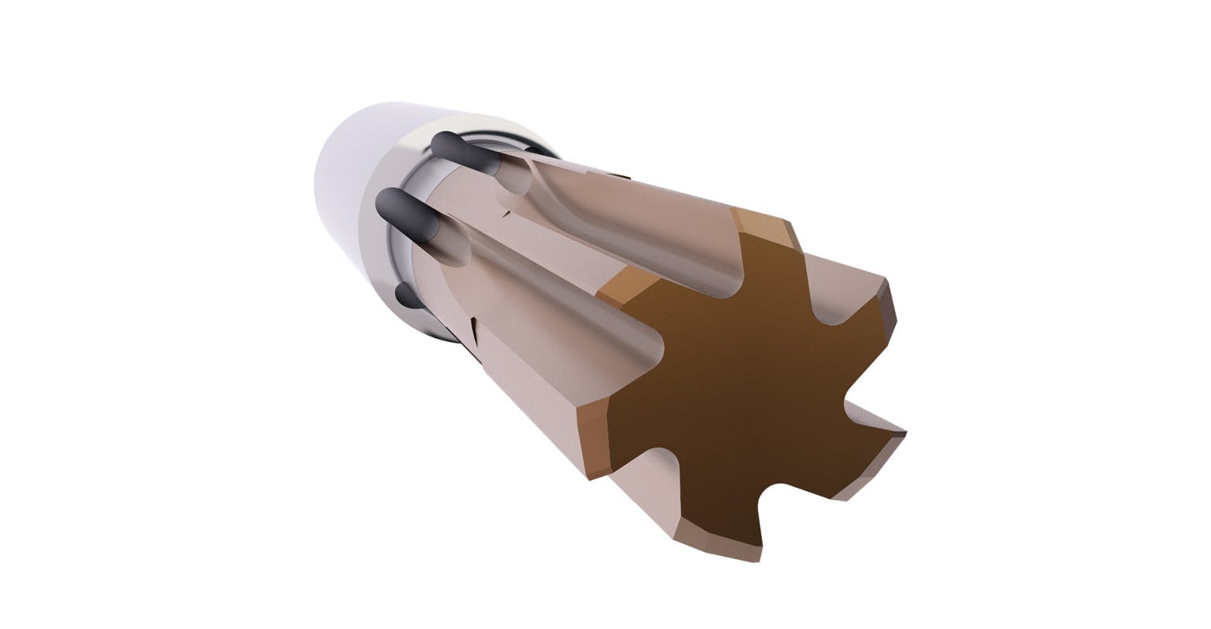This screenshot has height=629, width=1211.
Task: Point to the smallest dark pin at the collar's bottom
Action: point(406,295)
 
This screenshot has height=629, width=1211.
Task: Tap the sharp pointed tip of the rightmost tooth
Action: point(904,432)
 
